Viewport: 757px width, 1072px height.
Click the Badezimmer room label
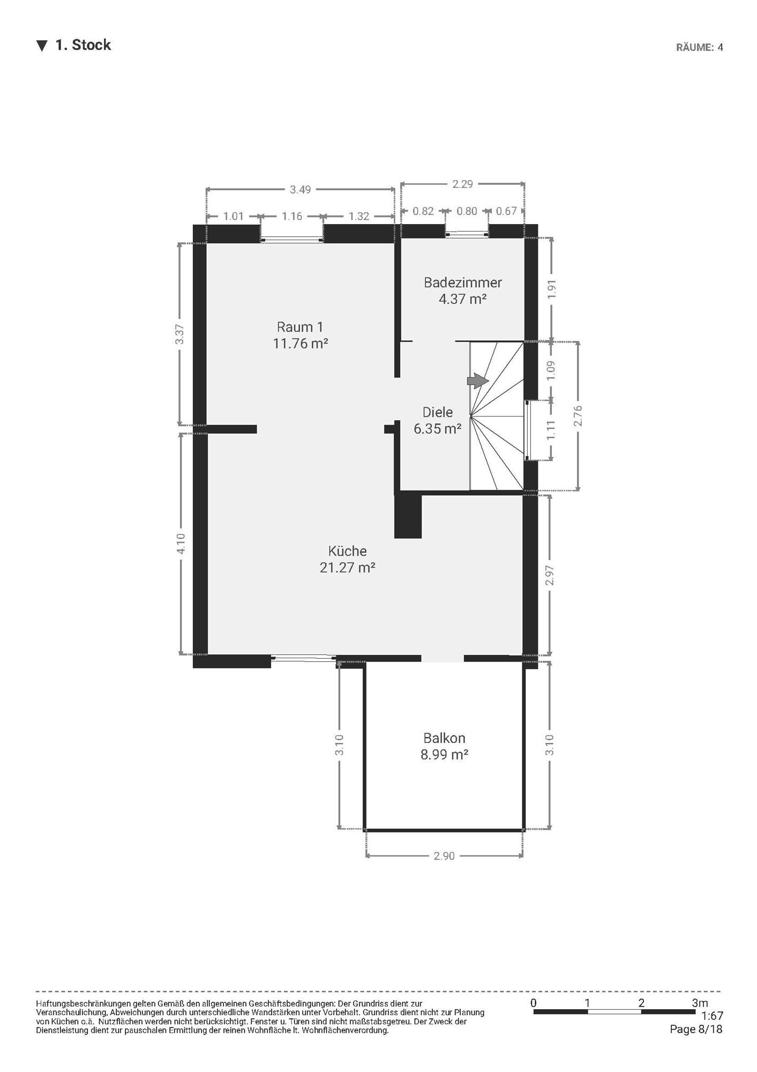coord(463,282)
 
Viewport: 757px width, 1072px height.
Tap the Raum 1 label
coord(300,327)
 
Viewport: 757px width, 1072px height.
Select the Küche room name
coord(348,551)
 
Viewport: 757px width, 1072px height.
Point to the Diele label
coord(438,412)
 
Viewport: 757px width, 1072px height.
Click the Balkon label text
coord(444,738)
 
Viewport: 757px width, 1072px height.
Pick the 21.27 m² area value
coord(347,567)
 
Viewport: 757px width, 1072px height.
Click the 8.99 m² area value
coord(444,755)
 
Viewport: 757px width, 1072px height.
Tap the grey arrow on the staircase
coord(478,381)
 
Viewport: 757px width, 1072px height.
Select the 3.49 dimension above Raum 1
coord(301,189)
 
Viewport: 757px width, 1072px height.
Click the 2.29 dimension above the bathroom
coord(463,184)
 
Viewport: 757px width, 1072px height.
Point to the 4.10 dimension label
coord(181,544)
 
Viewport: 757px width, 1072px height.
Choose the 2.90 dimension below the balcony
coord(444,856)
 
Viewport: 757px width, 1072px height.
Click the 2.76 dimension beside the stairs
coord(578,416)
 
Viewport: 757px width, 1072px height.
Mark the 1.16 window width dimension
coord(292,216)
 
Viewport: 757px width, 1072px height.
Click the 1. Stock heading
coord(83,45)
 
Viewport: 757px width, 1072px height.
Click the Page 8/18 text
coord(696,1029)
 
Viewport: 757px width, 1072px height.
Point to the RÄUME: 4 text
coord(699,47)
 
